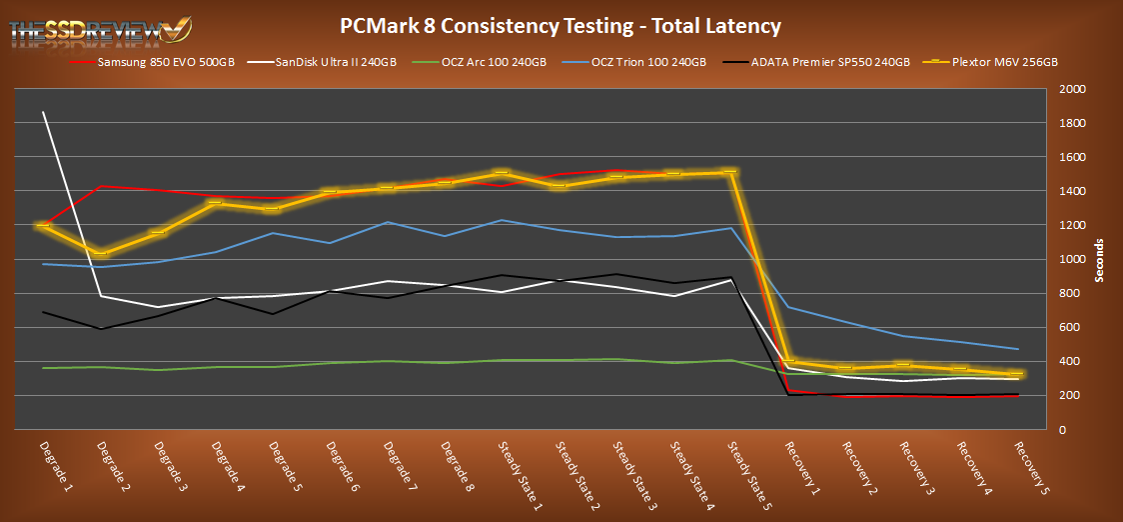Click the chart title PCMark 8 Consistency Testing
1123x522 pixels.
coord(561,24)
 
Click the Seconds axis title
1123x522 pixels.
coord(1099,260)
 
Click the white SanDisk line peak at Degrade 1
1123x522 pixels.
coord(44,112)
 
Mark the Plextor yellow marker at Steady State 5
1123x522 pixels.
coord(730,172)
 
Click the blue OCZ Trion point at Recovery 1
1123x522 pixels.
coord(788,307)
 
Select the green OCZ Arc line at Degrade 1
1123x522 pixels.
coord(44,368)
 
